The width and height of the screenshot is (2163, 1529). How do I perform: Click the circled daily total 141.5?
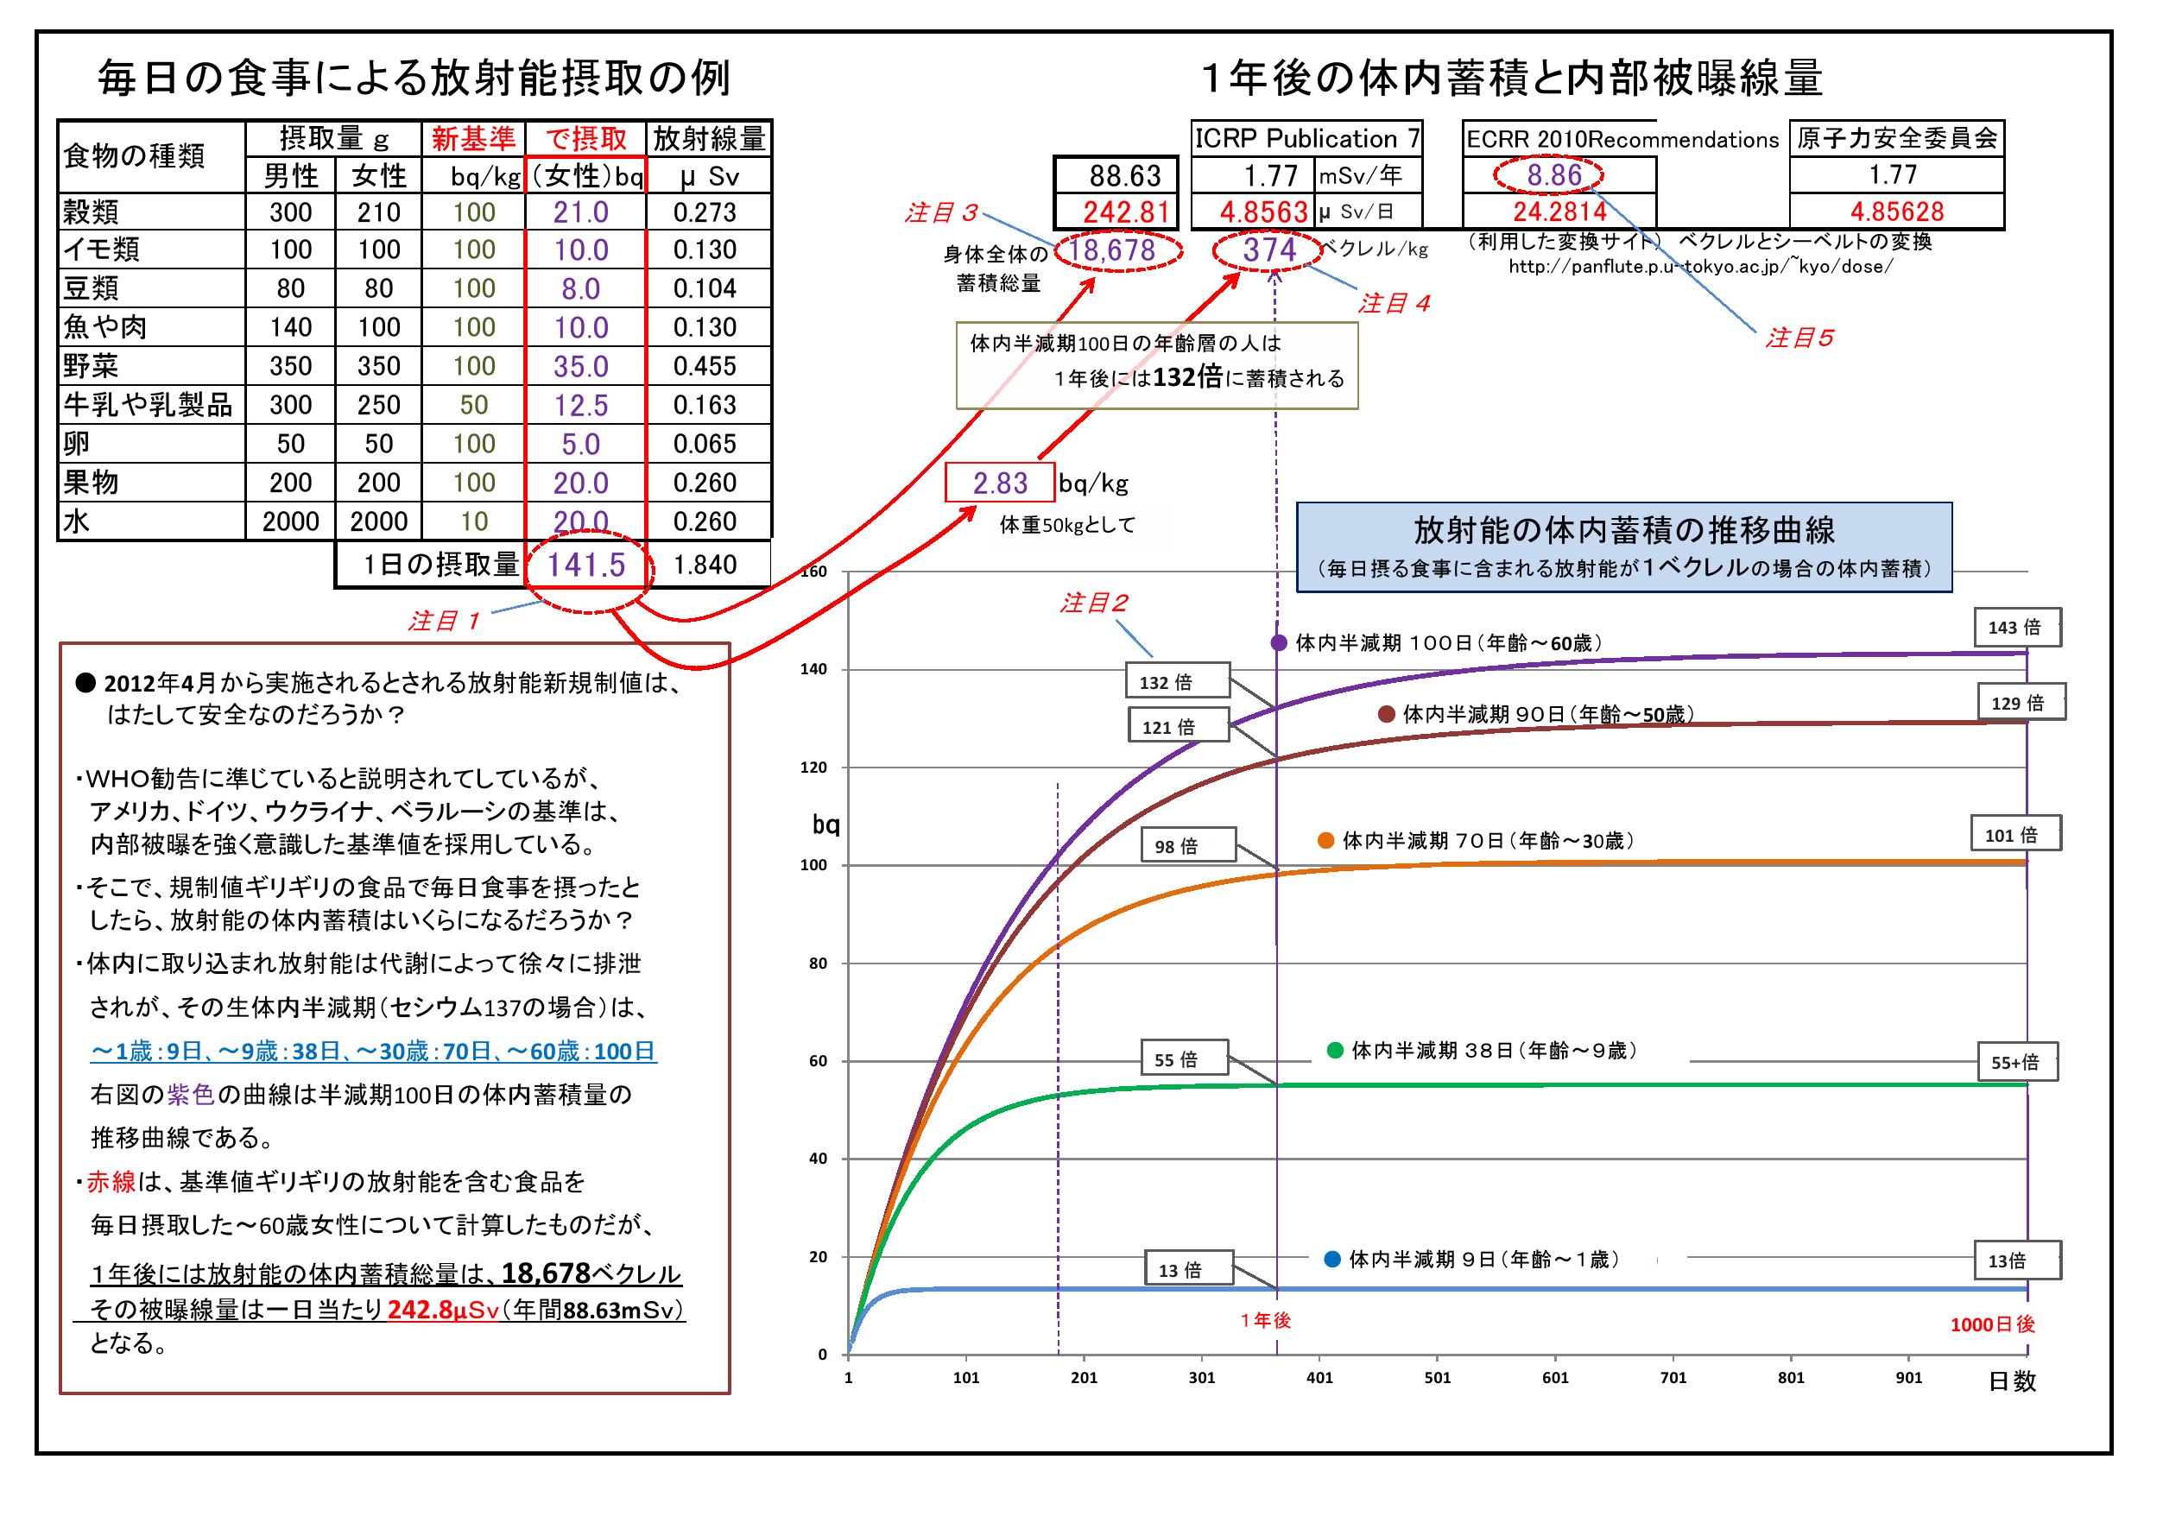click(586, 565)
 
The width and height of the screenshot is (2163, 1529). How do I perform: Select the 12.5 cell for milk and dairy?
click(580, 405)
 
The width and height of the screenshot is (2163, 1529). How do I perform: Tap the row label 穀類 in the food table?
click(92, 212)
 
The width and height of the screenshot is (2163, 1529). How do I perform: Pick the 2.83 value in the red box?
click(1000, 483)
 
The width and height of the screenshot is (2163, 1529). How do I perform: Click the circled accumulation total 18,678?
click(1118, 250)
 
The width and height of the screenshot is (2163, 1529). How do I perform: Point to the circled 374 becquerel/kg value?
click(1269, 250)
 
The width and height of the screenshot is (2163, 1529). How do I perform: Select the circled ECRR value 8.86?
click(1553, 175)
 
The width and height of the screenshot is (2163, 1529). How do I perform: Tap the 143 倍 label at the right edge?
click(2017, 628)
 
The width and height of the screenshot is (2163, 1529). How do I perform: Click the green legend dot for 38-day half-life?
click(1334, 1050)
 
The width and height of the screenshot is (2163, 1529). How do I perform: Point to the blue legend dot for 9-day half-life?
click(1332, 1259)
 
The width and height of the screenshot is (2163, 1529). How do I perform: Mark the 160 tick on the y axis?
click(815, 572)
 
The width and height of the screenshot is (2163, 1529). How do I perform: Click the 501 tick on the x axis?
click(1438, 1377)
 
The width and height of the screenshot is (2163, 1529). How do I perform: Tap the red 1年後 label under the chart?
click(1265, 1321)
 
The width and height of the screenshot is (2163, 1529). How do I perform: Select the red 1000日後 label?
click(1991, 1324)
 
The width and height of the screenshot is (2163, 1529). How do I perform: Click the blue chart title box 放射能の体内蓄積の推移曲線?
click(1623, 547)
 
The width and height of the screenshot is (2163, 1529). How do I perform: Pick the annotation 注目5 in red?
click(1799, 338)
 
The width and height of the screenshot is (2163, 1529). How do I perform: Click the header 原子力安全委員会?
click(1896, 138)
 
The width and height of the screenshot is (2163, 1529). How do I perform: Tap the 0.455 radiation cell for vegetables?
click(705, 366)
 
